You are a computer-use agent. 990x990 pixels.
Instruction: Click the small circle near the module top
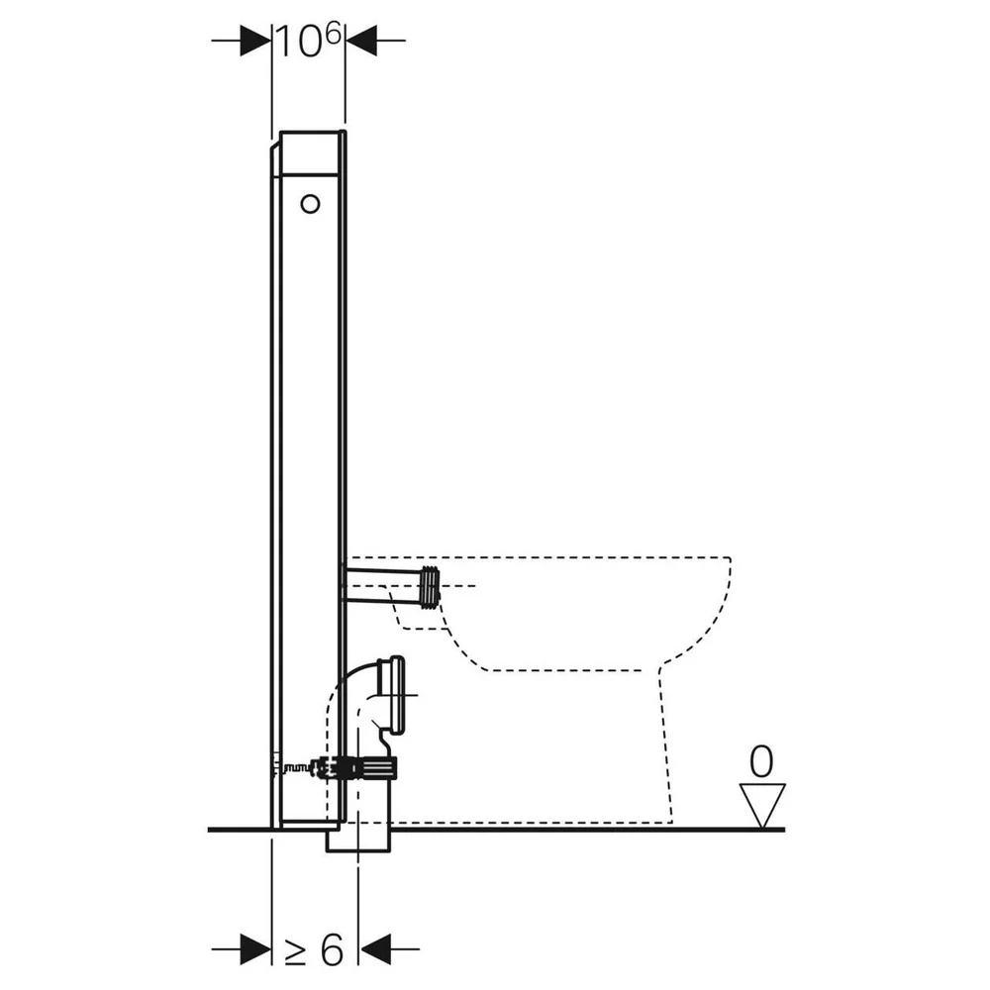click(310, 204)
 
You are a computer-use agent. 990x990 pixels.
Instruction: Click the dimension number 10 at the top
click(301, 42)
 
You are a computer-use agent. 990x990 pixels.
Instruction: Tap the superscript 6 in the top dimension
click(334, 33)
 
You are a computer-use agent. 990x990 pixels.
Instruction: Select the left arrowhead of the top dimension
click(255, 41)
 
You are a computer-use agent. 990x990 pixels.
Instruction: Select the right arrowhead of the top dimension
click(361, 41)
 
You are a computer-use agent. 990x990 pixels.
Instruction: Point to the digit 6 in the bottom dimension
click(332, 949)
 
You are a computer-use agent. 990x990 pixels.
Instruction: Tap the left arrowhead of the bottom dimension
click(255, 949)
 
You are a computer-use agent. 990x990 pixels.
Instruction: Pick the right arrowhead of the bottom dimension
click(374, 949)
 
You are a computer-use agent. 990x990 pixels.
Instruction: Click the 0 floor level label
click(760, 761)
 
